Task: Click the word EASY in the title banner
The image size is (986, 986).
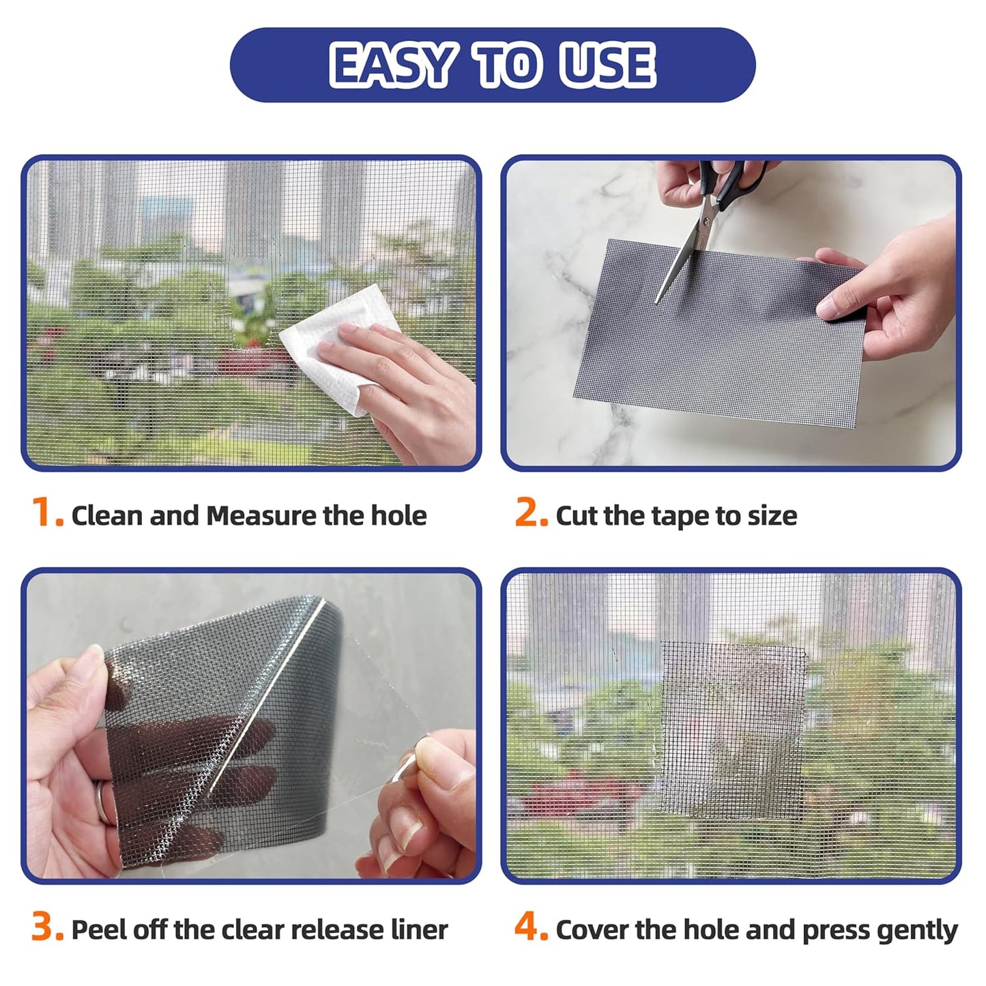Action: click(392, 66)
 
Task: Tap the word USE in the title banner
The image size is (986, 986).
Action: click(607, 66)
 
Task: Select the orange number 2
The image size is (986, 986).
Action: click(530, 513)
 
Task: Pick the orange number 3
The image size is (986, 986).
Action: click(47, 928)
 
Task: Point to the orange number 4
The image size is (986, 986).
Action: click(530, 928)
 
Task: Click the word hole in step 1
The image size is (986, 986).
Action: click(398, 516)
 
